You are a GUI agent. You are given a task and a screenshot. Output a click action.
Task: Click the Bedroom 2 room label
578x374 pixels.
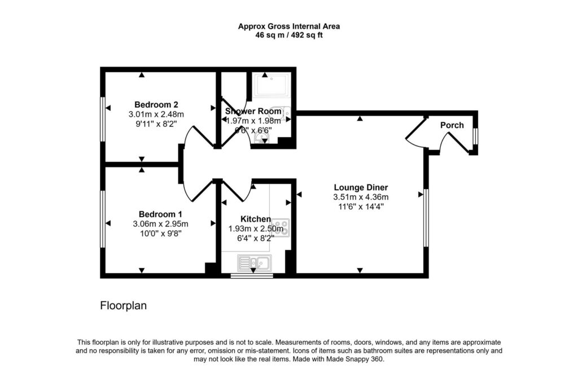click(x=156, y=105)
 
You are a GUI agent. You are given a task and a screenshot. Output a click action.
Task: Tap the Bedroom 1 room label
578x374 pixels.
click(x=160, y=214)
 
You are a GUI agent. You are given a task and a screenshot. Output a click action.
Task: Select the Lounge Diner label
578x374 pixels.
click(x=361, y=187)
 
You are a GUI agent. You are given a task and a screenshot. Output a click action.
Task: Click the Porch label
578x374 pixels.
click(x=452, y=125)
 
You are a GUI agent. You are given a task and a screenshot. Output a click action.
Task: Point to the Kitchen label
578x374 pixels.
click(x=256, y=219)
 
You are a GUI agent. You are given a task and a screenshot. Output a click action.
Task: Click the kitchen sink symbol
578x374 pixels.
click(x=255, y=263)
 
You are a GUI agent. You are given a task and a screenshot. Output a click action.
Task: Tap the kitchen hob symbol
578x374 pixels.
click(x=281, y=227)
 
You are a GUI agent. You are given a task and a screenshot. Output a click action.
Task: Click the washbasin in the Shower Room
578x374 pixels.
click(x=262, y=138)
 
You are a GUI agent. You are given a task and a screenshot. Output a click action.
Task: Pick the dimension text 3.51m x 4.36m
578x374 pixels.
click(x=361, y=197)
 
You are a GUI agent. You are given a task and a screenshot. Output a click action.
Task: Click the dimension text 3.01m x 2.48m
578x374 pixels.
click(x=156, y=114)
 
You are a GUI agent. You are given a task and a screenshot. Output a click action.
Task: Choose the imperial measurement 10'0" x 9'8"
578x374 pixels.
click(x=160, y=233)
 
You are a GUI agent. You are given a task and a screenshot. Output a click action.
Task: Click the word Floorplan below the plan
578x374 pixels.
click(x=124, y=306)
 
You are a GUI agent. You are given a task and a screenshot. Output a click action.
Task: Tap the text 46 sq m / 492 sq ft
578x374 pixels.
click(x=289, y=36)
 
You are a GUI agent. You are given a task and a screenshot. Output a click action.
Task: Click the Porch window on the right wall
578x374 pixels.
click(x=475, y=137)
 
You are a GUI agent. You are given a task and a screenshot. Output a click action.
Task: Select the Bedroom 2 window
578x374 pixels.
click(x=103, y=118)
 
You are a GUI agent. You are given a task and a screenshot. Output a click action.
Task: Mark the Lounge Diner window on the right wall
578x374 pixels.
click(x=426, y=217)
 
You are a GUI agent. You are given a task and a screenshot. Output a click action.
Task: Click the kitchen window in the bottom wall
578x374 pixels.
click(x=252, y=275)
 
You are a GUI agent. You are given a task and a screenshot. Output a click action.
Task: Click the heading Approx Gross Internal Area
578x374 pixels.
click(x=289, y=26)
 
